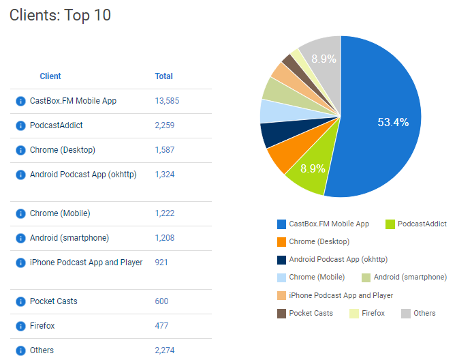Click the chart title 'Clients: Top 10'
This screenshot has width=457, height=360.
click(x=60, y=16)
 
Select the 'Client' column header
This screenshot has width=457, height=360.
click(x=50, y=76)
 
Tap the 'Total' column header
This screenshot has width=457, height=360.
click(x=163, y=76)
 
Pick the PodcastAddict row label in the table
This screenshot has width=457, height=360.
click(x=57, y=125)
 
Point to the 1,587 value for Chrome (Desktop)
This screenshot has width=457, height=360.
click(x=165, y=150)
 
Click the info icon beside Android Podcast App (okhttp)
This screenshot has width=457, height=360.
click(x=20, y=175)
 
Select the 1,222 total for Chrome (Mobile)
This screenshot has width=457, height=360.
click(x=165, y=213)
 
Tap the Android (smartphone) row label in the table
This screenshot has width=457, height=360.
click(x=69, y=238)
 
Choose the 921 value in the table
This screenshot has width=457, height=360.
click(x=161, y=262)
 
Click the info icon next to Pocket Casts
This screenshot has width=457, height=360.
click(x=20, y=301)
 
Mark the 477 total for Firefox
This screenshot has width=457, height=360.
click(x=161, y=326)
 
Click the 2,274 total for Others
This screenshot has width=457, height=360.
click(x=165, y=350)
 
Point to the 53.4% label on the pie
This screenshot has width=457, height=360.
click(x=393, y=123)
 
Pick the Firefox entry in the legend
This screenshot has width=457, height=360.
click(x=373, y=313)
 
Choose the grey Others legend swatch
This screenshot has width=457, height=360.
click(x=405, y=313)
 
